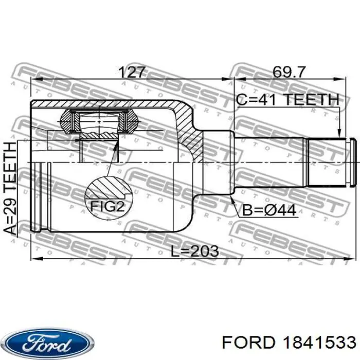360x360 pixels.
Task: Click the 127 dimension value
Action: click(x=132, y=72)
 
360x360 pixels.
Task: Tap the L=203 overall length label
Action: click(x=195, y=251)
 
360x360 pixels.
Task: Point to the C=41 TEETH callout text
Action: click(x=287, y=100)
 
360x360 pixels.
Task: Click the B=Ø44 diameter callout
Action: click(x=269, y=210)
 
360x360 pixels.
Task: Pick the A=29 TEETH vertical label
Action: click(x=11, y=188)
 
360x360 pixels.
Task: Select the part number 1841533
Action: click(x=319, y=343)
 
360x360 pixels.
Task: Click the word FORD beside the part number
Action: click(x=248, y=343)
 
